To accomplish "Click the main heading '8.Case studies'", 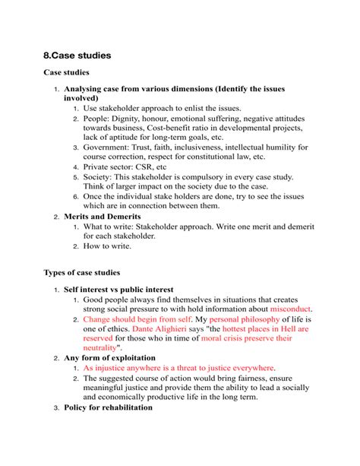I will click(x=77, y=55).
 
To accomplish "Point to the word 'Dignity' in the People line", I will click(x=139, y=118).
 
